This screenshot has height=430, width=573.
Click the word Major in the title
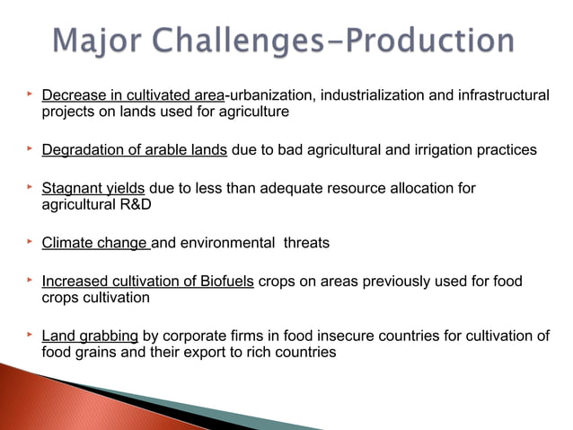[x=93, y=40]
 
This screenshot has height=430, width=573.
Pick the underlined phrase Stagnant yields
[x=94, y=188]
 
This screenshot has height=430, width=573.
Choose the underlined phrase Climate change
[x=95, y=242]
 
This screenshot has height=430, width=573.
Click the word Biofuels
[x=226, y=282]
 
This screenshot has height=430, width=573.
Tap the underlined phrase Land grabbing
[x=90, y=336]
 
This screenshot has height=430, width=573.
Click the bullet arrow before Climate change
[x=29, y=241]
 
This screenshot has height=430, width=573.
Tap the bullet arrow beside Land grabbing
[x=29, y=335]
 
